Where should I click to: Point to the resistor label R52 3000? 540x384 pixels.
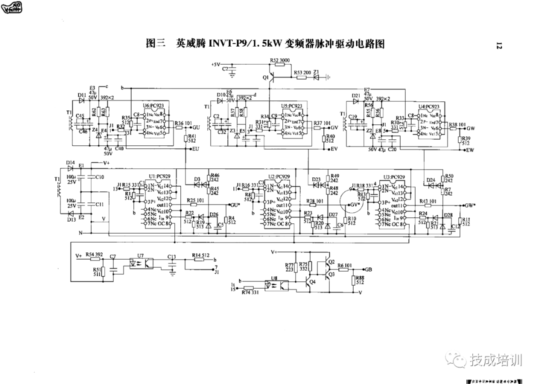279,60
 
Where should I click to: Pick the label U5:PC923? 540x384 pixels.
291,106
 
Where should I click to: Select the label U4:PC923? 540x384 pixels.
428,106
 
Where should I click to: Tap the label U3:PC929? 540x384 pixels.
394,177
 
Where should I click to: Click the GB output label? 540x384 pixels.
368,269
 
